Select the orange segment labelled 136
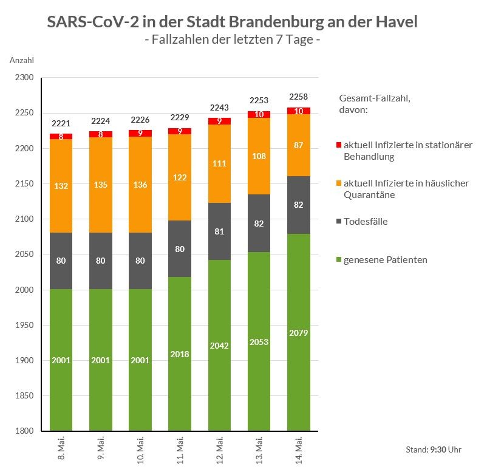coord(140,185)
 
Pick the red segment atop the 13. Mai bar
coord(259,114)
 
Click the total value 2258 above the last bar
coord(298,97)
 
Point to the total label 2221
coord(61,123)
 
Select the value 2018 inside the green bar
coord(180,354)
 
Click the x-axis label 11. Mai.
coord(180,449)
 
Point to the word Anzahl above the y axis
coord(22,60)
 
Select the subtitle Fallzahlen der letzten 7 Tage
coord(233,40)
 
